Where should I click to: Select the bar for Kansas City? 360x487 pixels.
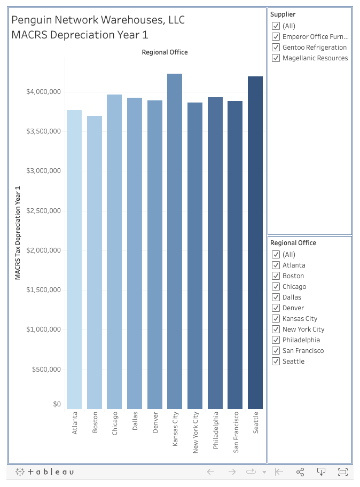pyautogui.click(x=175, y=240)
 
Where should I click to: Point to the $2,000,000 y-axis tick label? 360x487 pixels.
pyautogui.click(x=43, y=250)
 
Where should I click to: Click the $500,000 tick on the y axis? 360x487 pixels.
pyautogui.click(x=45, y=370)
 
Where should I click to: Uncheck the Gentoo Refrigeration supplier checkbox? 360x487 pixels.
pyautogui.click(x=276, y=48)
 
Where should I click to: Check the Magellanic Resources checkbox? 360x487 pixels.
pyautogui.click(x=276, y=58)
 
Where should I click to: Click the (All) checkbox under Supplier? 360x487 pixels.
pyautogui.click(x=276, y=26)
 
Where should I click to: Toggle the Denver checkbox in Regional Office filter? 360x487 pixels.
pyautogui.click(x=276, y=308)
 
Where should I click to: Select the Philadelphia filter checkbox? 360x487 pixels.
pyautogui.click(x=276, y=340)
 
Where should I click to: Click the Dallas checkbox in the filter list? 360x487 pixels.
pyautogui.click(x=276, y=297)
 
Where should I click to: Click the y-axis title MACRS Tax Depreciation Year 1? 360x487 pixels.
pyautogui.click(x=18, y=233)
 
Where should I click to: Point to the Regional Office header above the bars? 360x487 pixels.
pyautogui.click(x=165, y=52)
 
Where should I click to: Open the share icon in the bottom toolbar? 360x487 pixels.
pyautogui.click(x=300, y=472)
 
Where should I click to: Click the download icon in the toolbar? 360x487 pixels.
pyautogui.click(x=322, y=472)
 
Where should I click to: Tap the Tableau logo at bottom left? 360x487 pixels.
pyautogui.click(x=45, y=472)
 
